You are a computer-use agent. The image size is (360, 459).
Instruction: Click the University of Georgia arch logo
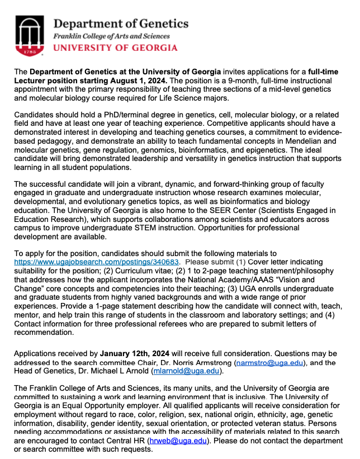coord(32,34)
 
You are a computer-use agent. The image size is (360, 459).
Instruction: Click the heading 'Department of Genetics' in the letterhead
coord(121,23)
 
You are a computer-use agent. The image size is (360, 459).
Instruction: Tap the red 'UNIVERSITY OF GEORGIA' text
coord(115,48)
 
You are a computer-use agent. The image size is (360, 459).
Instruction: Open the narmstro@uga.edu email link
coord(269,363)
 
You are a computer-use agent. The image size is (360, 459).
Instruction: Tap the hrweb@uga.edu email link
coord(178,442)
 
